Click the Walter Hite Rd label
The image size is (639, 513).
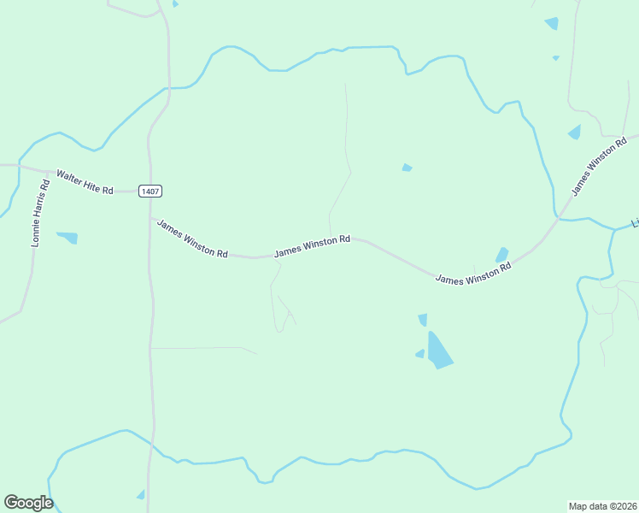85,181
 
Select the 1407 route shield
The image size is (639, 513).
148,191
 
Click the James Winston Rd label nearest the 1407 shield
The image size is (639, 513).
192,236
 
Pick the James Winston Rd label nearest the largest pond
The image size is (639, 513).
472,274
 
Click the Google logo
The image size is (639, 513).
28,502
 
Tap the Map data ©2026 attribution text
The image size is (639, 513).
603,505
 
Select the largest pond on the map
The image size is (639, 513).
438,351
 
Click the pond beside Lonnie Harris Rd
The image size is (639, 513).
67,237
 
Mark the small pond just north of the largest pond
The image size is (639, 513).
423,320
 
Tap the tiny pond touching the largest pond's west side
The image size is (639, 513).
419,353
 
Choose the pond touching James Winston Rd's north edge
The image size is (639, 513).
501,255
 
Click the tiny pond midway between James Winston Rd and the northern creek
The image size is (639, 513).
407,168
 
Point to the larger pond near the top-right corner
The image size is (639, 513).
551,23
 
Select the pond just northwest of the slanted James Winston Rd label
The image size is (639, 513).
574,132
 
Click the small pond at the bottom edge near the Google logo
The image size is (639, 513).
141,494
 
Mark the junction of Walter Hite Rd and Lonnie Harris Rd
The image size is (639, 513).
48,171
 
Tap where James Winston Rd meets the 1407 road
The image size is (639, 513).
150,219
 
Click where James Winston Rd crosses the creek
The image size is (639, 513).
557,219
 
